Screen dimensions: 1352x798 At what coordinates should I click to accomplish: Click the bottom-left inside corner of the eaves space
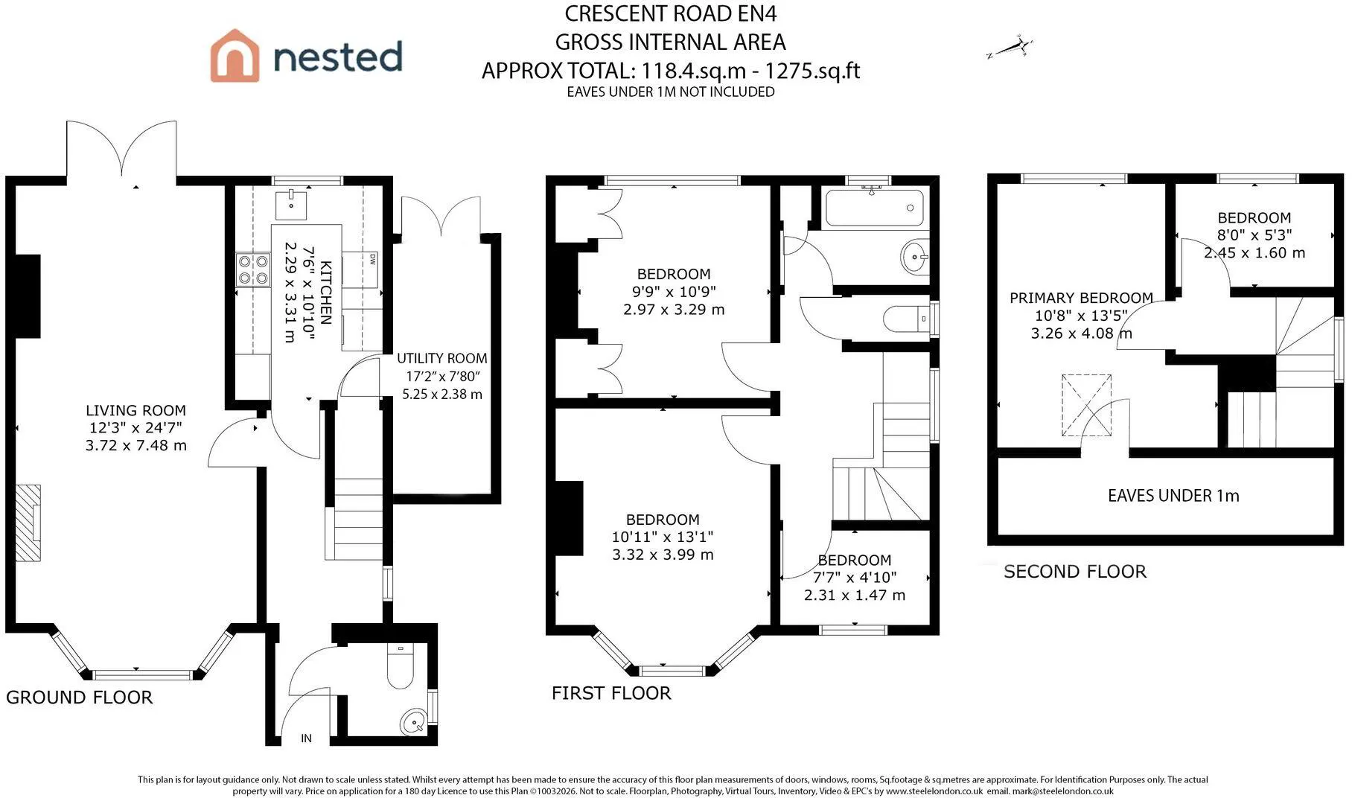coord(998,535)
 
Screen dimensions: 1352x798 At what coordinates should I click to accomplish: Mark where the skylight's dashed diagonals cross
coord(1086,405)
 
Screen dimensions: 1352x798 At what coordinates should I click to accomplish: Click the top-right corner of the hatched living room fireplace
coord(40,485)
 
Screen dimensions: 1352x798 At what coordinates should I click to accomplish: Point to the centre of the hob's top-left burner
coord(245,261)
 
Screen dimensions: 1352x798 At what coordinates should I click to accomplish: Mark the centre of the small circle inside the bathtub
coord(910,208)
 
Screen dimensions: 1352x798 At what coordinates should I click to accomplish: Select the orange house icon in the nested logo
coord(235,55)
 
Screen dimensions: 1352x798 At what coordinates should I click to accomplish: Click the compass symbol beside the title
coord(1010,48)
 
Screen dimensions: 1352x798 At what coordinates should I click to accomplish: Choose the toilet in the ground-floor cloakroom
coord(400,665)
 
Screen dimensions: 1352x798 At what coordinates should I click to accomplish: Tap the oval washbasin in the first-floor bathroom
coord(915,258)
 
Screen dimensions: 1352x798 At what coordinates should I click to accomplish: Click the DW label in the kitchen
coord(372,259)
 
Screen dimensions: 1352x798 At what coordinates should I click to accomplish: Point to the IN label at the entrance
coord(306,738)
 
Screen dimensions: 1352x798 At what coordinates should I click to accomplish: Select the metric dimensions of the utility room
coord(442,395)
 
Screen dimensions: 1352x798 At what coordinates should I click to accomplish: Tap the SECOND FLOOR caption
coord(1075,572)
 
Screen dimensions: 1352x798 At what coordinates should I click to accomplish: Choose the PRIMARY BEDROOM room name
coord(1081,298)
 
